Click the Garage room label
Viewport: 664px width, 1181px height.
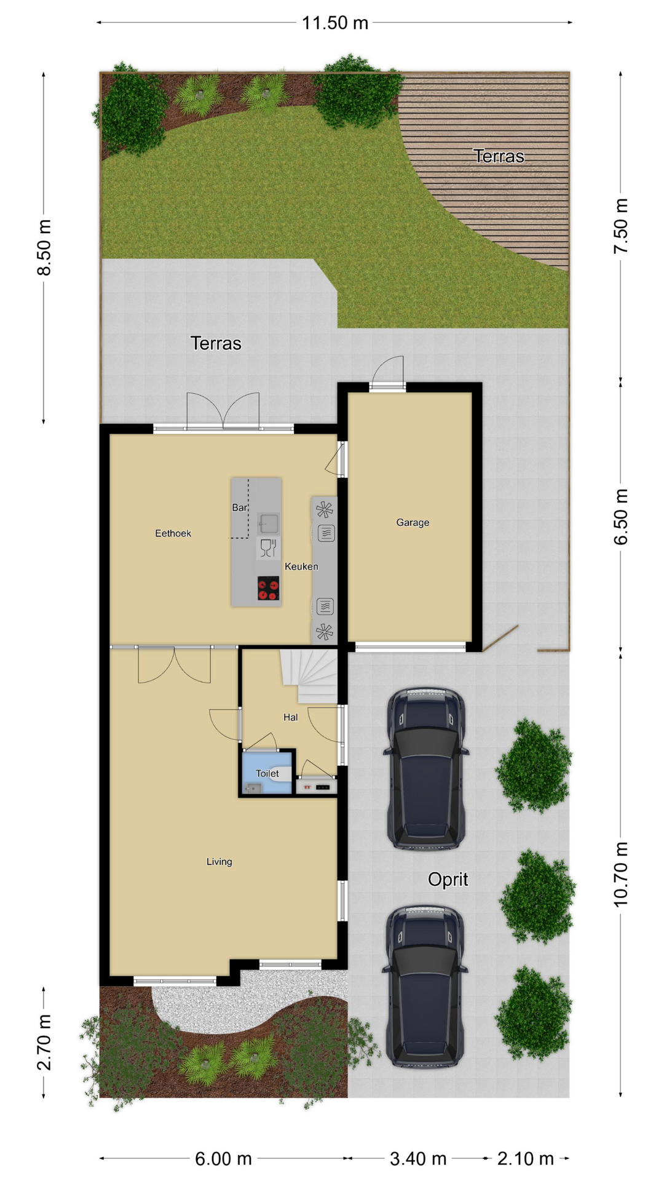click(413, 522)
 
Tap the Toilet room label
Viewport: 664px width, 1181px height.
click(267, 773)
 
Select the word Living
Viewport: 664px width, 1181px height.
click(219, 862)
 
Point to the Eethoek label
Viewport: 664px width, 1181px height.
click(173, 533)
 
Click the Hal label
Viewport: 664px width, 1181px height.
click(291, 717)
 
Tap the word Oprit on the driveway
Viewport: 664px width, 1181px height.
click(448, 880)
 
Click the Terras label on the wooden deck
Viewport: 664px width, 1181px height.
click(499, 156)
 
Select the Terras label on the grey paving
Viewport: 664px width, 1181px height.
click(216, 343)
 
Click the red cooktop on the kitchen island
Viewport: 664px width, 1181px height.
click(268, 588)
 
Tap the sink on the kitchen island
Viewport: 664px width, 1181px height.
click(268, 523)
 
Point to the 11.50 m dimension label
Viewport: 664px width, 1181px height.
click(335, 23)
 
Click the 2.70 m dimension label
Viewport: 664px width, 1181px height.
click(44, 1043)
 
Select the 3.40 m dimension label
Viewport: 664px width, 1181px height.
click(418, 1159)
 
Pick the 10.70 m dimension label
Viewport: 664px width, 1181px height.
click(621, 874)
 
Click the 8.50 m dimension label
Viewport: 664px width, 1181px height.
click(44, 247)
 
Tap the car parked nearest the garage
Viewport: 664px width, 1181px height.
click(425, 769)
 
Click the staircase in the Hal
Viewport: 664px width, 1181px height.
click(309, 677)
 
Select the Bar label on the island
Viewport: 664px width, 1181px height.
click(240, 507)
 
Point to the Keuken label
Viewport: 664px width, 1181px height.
click(301, 567)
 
